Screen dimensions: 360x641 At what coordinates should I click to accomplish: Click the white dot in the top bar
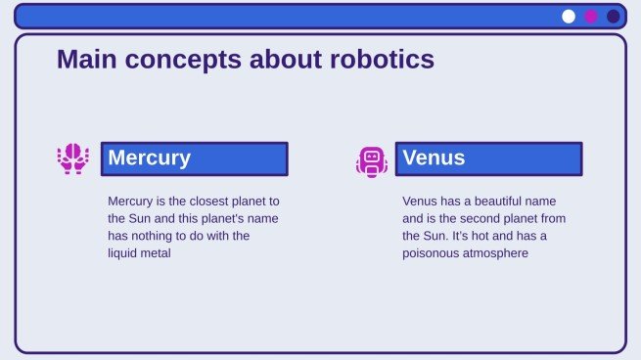[569, 16]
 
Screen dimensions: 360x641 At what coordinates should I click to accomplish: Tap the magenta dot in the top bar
[591, 16]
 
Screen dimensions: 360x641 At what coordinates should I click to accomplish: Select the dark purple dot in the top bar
[614, 16]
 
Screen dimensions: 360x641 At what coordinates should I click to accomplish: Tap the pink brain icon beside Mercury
[72, 158]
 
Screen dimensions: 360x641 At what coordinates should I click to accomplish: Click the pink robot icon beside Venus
[372, 160]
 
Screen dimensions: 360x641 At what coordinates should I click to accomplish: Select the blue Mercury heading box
[194, 158]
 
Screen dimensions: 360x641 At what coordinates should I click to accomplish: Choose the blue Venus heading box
[488, 158]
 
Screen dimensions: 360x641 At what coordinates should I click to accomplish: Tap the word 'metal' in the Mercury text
[160, 253]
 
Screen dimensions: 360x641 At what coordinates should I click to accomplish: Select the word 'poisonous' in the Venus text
[432, 253]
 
